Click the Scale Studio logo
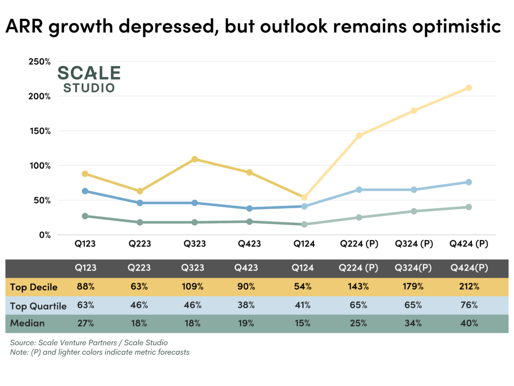pos(89,79)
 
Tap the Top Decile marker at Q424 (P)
pos(468,88)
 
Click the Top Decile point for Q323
pos(195,159)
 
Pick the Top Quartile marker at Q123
pos(85,191)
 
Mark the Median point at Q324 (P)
pos(414,211)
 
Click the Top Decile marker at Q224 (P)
pos(359,136)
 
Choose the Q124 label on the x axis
pos(304,244)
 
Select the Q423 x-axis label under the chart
pos(249,244)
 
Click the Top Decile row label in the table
pos(34,287)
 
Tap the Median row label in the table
pos(27,323)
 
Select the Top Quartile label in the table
pos(38,306)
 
